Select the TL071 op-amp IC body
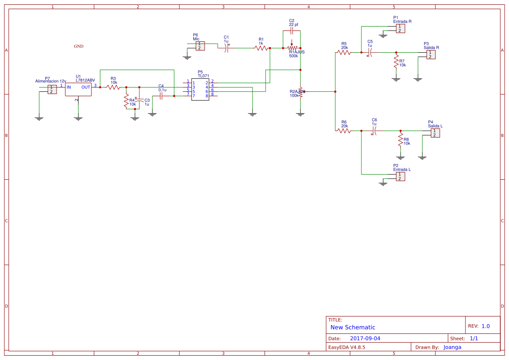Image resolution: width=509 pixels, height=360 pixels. click(200, 89)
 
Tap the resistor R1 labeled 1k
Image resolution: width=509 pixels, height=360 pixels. click(261, 48)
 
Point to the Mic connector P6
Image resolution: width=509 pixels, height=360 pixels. click(199, 46)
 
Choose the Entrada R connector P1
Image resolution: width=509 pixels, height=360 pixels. click(400, 28)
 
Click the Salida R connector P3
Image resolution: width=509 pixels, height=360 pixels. click(430, 54)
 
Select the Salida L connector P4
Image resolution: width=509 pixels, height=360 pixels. click(435, 133)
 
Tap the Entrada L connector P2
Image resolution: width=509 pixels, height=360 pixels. click(400, 176)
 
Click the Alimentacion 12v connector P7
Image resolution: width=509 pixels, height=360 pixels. click(52, 89)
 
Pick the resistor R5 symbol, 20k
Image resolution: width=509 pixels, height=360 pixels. click(344, 52)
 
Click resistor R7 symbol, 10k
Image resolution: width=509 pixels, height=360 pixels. click(396, 61)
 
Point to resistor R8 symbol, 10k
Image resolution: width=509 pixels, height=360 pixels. click(401, 140)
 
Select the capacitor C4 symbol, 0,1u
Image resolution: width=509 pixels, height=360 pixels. click(161, 96)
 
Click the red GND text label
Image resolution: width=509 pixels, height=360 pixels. click(78, 46)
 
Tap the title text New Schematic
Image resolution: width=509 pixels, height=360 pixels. click(353, 327)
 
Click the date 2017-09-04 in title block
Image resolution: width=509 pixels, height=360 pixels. click(365, 338)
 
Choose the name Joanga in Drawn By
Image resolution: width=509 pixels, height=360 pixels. click(452, 347)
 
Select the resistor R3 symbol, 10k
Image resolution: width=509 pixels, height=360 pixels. click(113, 87)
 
